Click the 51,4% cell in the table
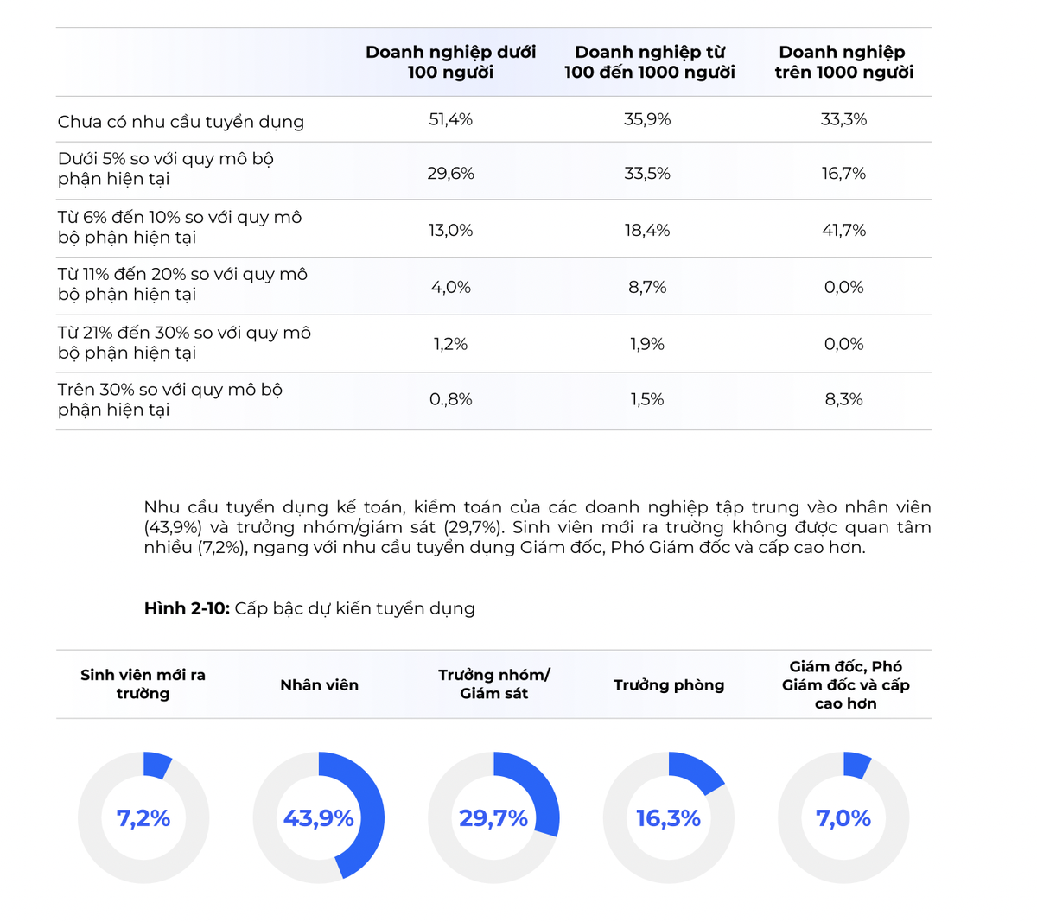click(x=450, y=119)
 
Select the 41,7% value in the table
click(x=843, y=230)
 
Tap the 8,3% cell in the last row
click(x=843, y=399)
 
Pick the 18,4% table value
click(x=647, y=230)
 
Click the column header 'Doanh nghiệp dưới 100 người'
click(x=450, y=62)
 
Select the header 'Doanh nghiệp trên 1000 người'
click(x=843, y=62)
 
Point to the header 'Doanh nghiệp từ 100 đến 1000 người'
click(x=649, y=62)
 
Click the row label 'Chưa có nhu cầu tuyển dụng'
click(x=181, y=122)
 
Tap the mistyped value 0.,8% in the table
click(x=450, y=399)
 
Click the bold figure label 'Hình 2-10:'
click(x=187, y=608)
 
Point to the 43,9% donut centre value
click(x=318, y=818)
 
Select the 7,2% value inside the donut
click(x=143, y=818)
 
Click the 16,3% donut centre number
click(x=668, y=818)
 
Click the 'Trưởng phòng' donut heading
click(x=668, y=685)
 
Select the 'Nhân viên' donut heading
click(x=319, y=685)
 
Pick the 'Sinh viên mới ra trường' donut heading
click(x=143, y=684)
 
